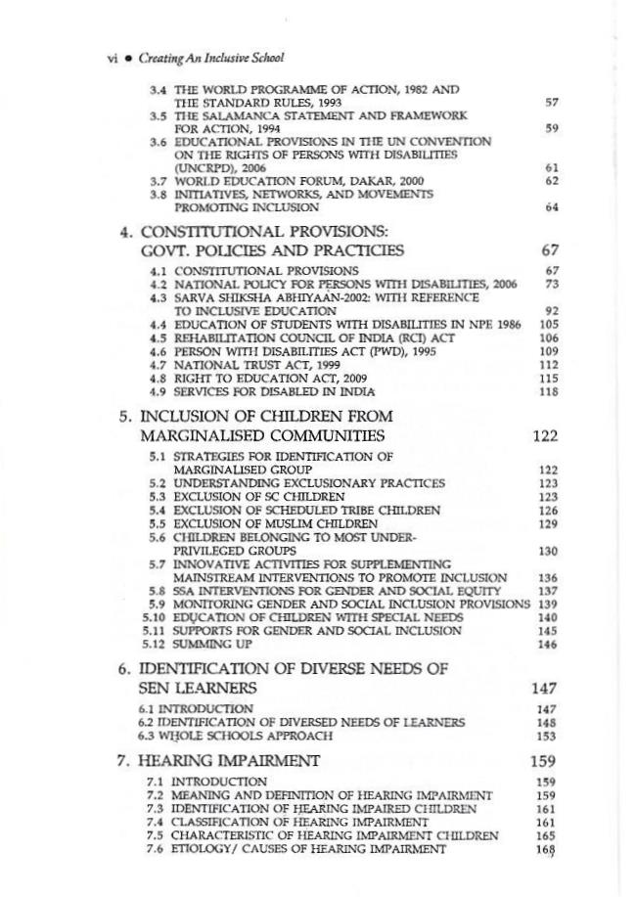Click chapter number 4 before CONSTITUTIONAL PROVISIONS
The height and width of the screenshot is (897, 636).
[124, 234]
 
